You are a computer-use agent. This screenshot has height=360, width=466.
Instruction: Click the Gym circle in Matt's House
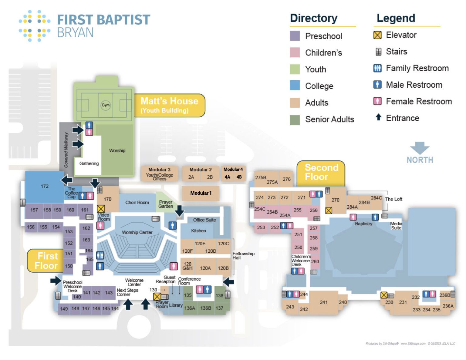pyautogui.click(x=106, y=105)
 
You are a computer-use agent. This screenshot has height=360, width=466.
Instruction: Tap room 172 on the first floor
pyautogui.click(x=45, y=186)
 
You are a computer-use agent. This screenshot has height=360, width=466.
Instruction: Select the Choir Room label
pyautogui.click(x=137, y=203)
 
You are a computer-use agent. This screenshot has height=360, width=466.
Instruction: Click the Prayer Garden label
pyautogui.click(x=166, y=204)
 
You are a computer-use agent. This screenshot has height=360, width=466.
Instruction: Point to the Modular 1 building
pyautogui.click(x=201, y=193)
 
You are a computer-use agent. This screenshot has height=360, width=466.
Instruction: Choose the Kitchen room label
pyautogui.click(x=198, y=231)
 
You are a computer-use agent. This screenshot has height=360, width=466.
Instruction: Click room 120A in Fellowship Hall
pyautogui.click(x=205, y=268)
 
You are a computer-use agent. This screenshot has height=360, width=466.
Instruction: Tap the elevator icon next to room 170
pyautogui.click(x=101, y=209)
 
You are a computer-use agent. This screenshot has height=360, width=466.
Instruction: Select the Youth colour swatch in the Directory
pyautogui.click(x=295, y=69)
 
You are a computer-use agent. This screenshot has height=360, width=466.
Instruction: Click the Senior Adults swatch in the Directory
pyautogui.click(x=295, y=119)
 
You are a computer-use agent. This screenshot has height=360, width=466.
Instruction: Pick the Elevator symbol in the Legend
pyautogui.click(x=377, y=35)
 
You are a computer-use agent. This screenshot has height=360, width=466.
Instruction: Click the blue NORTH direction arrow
pyautogui.click(x=420, y=148)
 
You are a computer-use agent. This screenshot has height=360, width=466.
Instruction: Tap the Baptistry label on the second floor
pyautogui.click(x=363, y=224)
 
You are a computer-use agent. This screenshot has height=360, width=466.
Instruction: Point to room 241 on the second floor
pyautogui.click(x=324, y=302)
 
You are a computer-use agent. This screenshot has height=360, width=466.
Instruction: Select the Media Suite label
pyautogui.click(x=396, y=226)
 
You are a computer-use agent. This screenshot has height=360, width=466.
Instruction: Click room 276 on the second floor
pyautogui.click(x=286, y=179)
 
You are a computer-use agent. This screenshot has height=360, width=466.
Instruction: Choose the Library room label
pyautogui.click(x=176, y=305)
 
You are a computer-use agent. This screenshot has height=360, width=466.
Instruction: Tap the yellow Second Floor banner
pyautogui.click(x=321, y=172)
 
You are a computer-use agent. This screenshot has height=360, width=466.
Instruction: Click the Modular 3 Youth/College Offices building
pyautogui.click(x=159, y=174)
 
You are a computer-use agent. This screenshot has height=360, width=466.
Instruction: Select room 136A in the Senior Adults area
pyautogui.click(x=190, y=308)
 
